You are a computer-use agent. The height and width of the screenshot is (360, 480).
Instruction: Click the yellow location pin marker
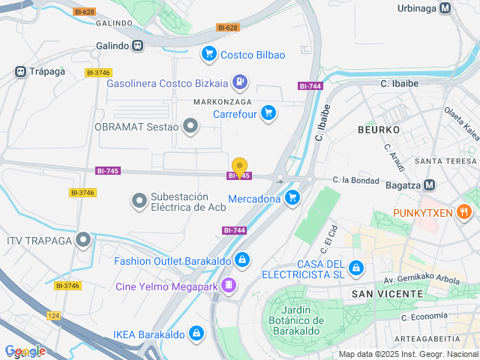click(239, 167)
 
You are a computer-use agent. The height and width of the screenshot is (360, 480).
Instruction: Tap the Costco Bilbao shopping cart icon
click(208, 54)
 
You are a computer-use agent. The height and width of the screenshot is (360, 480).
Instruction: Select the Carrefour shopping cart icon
click(268, 114)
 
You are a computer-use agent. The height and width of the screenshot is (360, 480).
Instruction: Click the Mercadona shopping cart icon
click(292, 198)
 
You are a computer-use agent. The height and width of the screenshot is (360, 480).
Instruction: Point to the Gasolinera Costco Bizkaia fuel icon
click(239, 82)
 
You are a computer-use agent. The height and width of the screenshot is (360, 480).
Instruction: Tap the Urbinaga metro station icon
click(446, 8)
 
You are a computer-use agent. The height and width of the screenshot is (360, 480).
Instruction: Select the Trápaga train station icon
click(20, 72)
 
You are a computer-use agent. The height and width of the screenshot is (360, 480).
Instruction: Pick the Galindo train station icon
click(137, 46)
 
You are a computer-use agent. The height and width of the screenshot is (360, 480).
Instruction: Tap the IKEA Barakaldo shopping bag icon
click(196, 332)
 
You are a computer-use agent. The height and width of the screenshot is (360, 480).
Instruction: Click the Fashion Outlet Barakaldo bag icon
click(241, 260)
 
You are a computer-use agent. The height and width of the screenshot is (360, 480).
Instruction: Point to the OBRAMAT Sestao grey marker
click(191, 126)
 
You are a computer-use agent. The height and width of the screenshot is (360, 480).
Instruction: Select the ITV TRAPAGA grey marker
click(83, 240)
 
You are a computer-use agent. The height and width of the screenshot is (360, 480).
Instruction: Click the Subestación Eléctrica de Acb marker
click(139, 200)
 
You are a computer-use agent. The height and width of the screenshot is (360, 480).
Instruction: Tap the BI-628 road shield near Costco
click(226, 28)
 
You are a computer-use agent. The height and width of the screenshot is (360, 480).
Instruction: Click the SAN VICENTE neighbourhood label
click(383, 293)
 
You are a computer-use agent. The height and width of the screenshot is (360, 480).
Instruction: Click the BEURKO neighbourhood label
click(378, 130)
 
